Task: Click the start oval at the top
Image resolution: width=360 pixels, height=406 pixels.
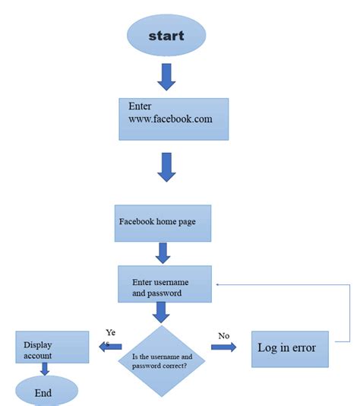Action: pos(166,36)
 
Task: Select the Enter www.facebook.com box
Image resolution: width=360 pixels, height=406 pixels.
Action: pos(173,119)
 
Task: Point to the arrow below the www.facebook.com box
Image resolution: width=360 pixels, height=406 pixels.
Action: pos(166,167)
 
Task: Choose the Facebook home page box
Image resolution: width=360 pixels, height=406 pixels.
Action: pos(162,223)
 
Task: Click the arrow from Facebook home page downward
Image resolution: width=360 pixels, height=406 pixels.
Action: pos(162,252)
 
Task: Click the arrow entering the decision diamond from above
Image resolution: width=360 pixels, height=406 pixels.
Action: pos(160,312)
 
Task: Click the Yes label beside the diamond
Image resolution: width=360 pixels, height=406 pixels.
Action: pos(110,338)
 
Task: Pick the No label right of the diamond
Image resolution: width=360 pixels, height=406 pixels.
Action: pos(223,335)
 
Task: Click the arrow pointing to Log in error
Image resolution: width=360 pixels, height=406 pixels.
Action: pos(223,347)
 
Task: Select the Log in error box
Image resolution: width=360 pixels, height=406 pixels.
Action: pos(289,349)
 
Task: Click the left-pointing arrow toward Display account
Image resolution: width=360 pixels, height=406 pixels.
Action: pos(99,347)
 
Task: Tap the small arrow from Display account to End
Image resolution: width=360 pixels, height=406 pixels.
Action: pos(45,370)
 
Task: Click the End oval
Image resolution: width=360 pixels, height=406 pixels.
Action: pos(43,392)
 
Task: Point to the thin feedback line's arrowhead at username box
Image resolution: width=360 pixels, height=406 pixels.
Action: pos(219,284)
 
